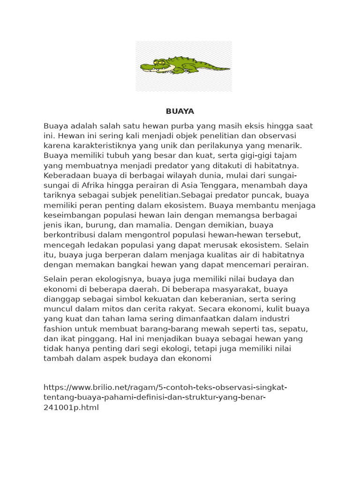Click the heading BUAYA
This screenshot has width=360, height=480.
(180, 112)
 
